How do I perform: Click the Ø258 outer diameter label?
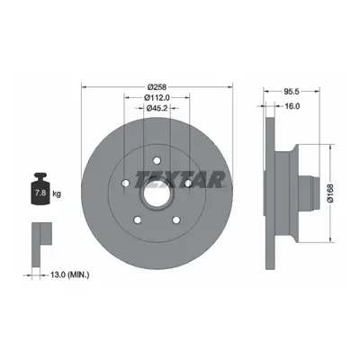[157, 87]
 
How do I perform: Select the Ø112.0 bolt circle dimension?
[157, 97]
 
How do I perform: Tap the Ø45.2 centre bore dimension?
[157, 108]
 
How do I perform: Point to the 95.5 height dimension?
[292, 92]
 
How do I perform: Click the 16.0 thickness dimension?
[292, 106]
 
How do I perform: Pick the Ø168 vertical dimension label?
[330, 193]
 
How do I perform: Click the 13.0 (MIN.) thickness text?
[69, 274]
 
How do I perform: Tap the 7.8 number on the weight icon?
[40, 193]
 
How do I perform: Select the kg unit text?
[57, 193]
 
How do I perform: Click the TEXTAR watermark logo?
[180, 180]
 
